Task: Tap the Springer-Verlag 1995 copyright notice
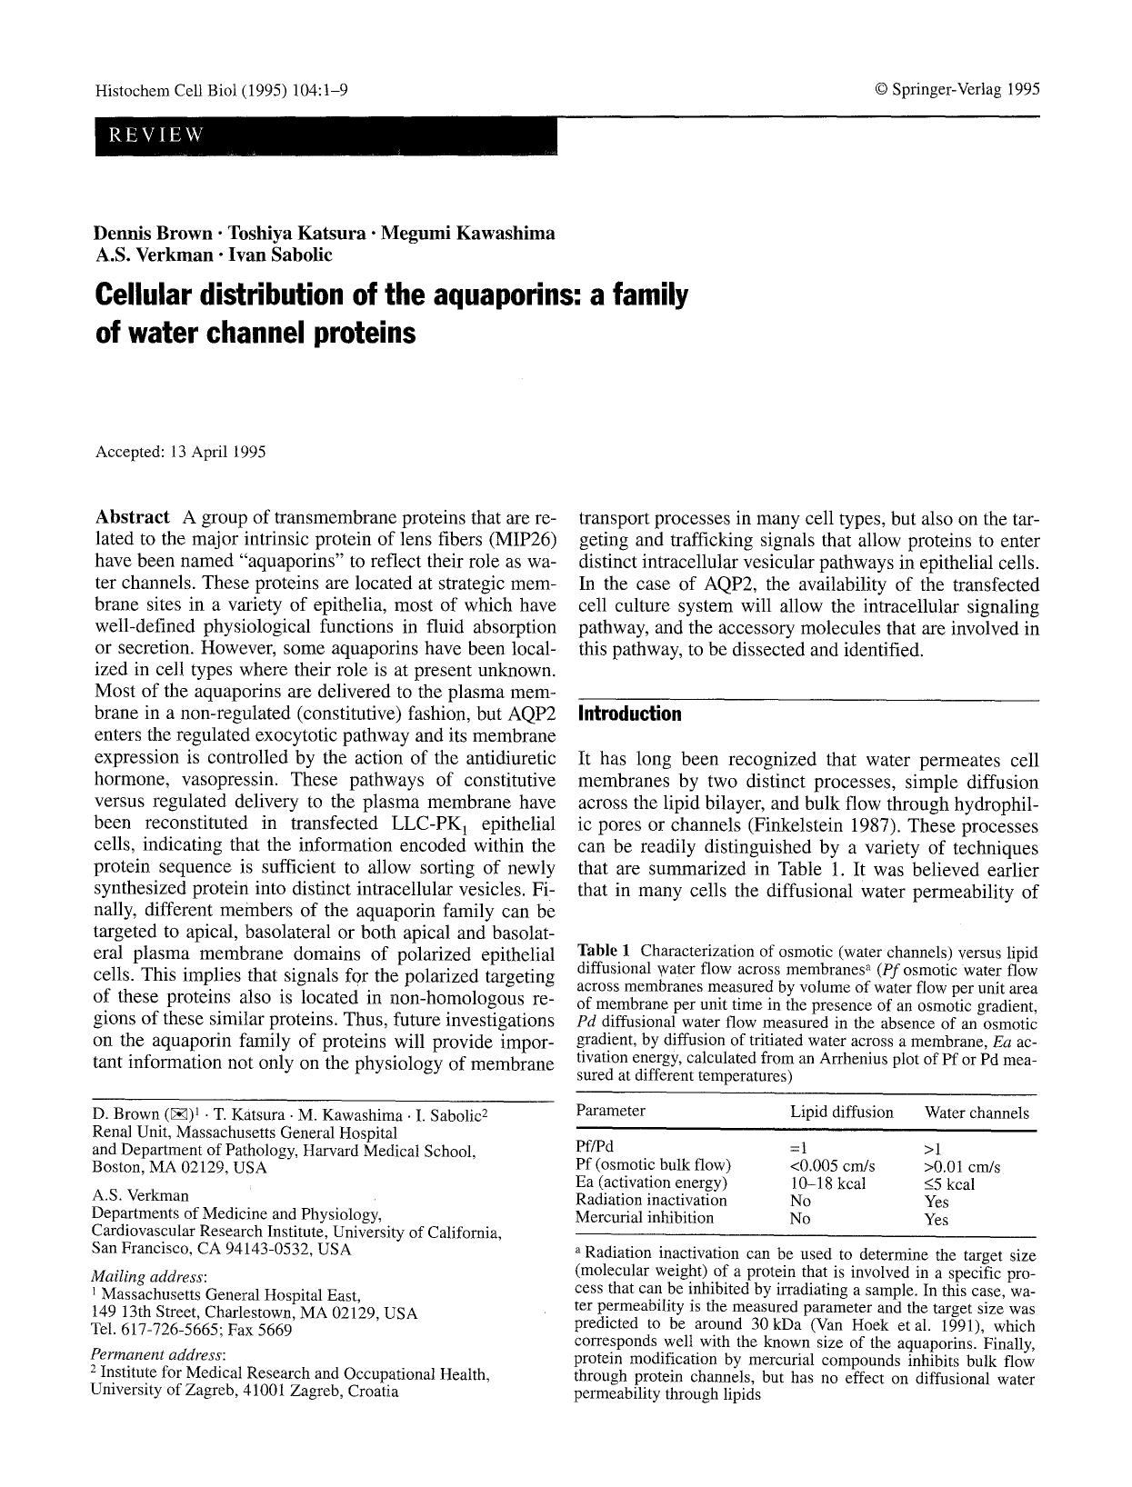pos(957,89)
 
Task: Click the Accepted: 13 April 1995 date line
pos(181,451)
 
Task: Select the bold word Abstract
pos(132,517)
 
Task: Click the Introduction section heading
pos(629,714)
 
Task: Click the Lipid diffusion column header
pos(841,1112)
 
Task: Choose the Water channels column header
pos(977,1113)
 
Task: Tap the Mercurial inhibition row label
pos(645,1218)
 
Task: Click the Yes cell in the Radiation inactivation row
pos(936,1202)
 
